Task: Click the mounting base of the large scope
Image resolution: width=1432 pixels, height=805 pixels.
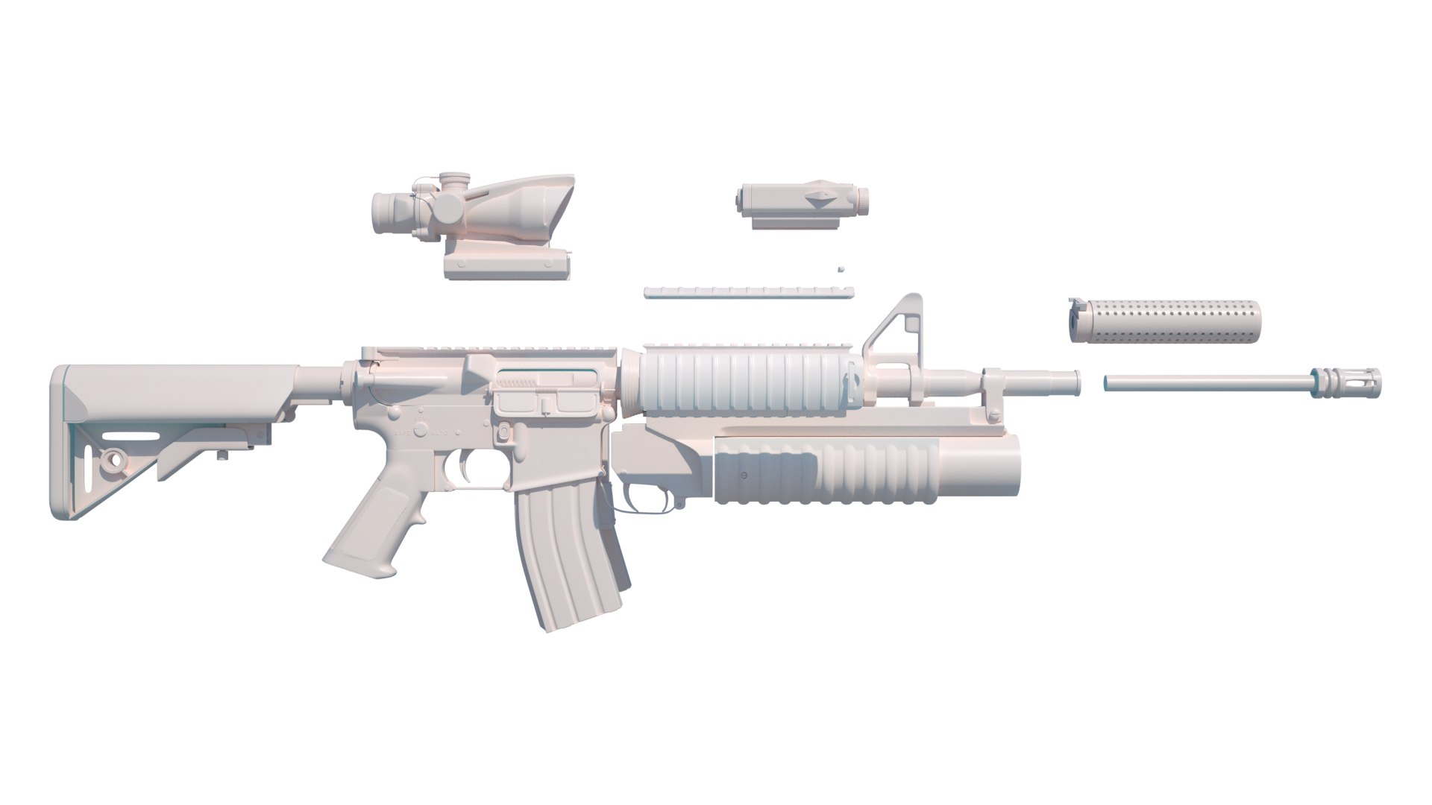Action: [x=507, y=265]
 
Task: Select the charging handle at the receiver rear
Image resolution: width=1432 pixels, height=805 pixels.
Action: [x=369, y=351]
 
